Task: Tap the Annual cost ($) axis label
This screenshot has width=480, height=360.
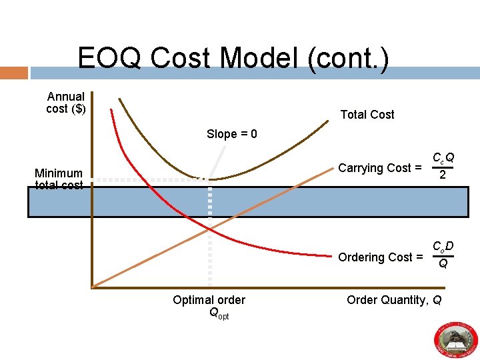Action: pyautogui.click(x=65, y=103)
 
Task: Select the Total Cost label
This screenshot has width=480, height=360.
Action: pyautogui.click(x=367, y=115)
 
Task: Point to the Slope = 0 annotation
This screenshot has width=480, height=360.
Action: pyautogui.click(x=231, y=134)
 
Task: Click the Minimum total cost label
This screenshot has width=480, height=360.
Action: pyautogui.click(x=59, y=179)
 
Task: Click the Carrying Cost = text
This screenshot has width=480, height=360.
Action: pyautogui.click(x=380, y=168)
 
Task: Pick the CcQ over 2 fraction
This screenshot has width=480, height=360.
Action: pyautogui.click(x=443, y=166)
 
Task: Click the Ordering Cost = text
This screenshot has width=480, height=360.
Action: pyautogui.click(x=380, y=257)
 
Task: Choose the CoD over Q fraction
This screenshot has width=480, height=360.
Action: pyautogui.click(x=443, y=255)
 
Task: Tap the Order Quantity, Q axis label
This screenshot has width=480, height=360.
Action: pyautogui.click(x=394, y=300)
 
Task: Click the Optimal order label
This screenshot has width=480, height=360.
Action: pyautogui.click(x=209, y=300)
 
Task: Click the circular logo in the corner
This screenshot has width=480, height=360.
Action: pyautogui.click(x=457, y=339)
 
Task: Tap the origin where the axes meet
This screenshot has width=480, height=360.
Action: pyautogui.click(x=92, y=287)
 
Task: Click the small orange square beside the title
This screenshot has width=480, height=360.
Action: pyautogui.click(x=13, y=73)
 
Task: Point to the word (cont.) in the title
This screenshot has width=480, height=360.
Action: pyautogui.click(x=348, y=58)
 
